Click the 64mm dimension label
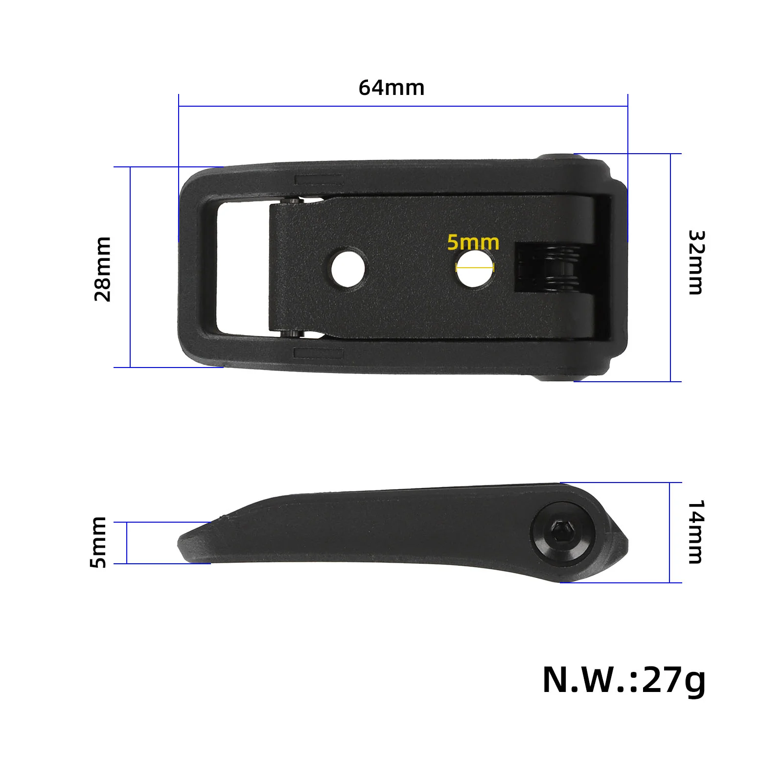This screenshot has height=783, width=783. pyautogui.click(x=391, y=88)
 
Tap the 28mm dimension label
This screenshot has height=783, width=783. pyautogui.click(x=103, y=269)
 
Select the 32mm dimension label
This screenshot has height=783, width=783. pyautogui.click(x=696, y=262)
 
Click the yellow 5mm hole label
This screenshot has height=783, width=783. pyautogui.click(x=473, y=242)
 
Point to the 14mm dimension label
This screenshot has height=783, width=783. pyautogui.click(x=696, y=532)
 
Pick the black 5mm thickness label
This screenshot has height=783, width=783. pyautogui.click(x=98, y=542)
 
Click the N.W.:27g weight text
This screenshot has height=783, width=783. pyautogui.click(x=624, y=680)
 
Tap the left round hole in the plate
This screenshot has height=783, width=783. pyautogui.click(x=348, y=269)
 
